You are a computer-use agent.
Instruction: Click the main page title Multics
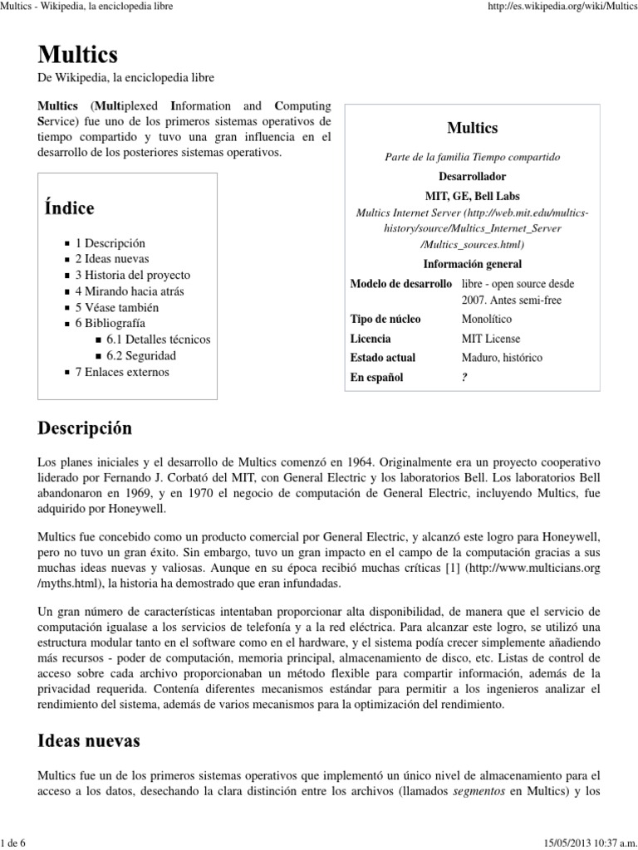(77, 55)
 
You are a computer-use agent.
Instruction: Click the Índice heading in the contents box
(69, 208)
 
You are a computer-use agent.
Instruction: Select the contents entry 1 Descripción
(110, 243)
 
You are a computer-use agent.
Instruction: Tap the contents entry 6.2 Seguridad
(141, 355)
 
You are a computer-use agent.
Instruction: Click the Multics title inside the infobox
(472, 128)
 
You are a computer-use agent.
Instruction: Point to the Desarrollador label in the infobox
(472, 177)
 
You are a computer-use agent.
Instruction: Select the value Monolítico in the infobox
(487, 319)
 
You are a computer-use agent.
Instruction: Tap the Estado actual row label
(383, 358)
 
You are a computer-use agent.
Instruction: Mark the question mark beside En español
(464, 378)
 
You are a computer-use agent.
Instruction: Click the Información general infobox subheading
(472, 264)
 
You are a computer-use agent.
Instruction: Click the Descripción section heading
(85, 428)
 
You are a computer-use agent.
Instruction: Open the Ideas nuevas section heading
(89, 740)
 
